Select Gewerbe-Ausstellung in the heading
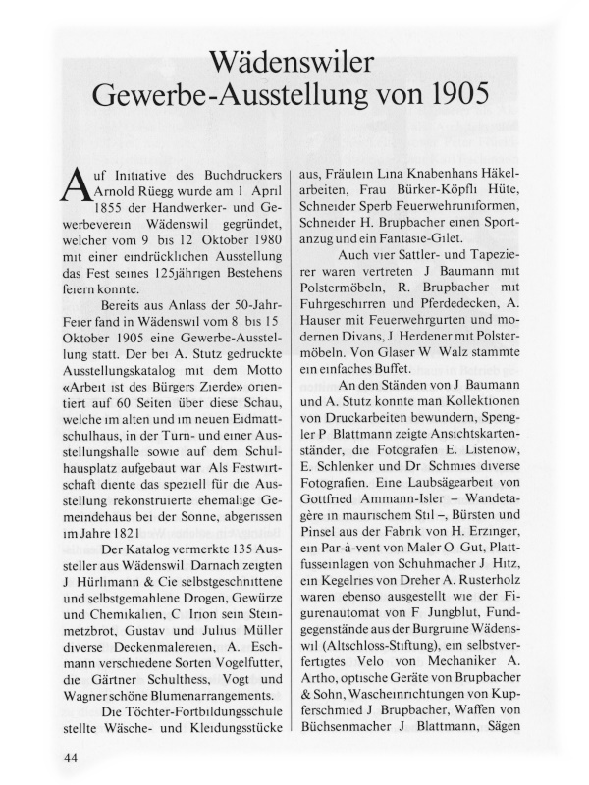tap(220, 99)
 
